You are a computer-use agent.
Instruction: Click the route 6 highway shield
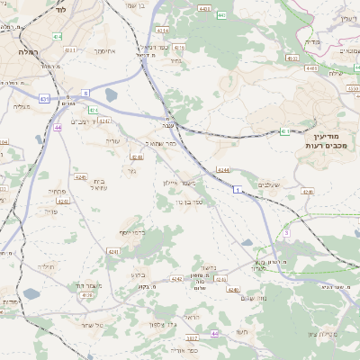tap(86, 92)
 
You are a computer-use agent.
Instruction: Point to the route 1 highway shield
tap(237, 190)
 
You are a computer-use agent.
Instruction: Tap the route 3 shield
tap(286, 232)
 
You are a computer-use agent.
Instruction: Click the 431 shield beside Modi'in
tap(284, 131)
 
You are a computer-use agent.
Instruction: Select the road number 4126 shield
tap(87, 294)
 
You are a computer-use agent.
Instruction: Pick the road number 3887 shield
tap(191, 338)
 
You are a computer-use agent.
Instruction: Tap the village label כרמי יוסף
tap(132, 232)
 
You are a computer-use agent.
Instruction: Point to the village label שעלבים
tap(269, 184)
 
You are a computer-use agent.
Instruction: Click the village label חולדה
tap(47, 266)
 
